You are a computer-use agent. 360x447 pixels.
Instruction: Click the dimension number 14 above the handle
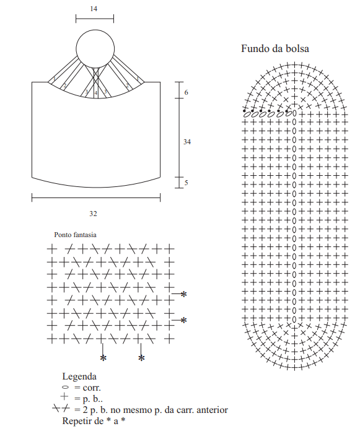pos(94,9)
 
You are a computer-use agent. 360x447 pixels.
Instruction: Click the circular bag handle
pos(76,49)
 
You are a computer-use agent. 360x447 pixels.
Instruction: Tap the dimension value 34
pos(187,142)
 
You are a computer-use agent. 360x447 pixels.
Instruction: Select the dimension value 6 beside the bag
pos(187,92)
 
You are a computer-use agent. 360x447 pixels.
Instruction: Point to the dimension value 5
pos(187,183)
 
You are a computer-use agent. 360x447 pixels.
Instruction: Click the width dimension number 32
pos(94,214)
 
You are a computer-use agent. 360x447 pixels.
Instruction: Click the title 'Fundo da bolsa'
pos(275,48)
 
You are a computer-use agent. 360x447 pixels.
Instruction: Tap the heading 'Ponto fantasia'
pos(76,235)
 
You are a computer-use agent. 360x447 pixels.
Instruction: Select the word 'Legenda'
pos(79,376)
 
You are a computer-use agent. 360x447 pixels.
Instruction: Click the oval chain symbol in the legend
pos(65,387)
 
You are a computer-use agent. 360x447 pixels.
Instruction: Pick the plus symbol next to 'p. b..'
pos(64,396)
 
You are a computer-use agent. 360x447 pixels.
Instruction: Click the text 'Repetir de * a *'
pos(94,421)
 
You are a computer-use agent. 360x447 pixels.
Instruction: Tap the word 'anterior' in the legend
pos(213,410)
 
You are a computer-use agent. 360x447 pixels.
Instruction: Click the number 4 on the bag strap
pos(96,93)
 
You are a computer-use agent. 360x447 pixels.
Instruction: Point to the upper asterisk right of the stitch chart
pos(184,294)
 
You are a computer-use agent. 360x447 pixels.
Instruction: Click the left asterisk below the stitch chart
pos(103,358)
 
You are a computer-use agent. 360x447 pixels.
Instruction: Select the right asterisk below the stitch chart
pos(141,358)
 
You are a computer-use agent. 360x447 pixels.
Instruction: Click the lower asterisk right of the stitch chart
pos(184,320)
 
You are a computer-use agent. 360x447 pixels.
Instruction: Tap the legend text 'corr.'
pos(92,388)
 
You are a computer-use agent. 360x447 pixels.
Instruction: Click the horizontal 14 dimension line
pos(95,19)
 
